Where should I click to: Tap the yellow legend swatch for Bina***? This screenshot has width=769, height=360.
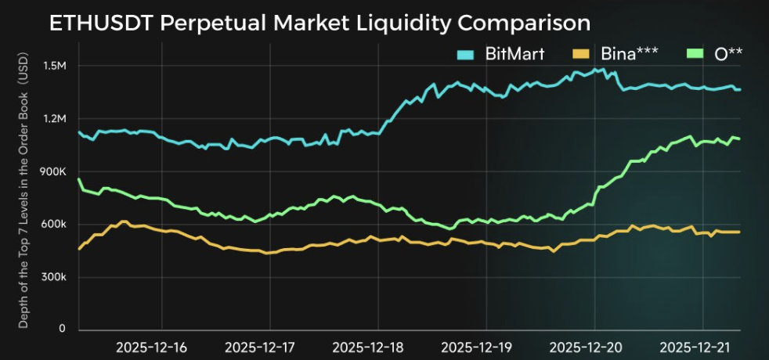click(579, 54)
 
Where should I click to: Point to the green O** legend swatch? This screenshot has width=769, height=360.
click(695, 54)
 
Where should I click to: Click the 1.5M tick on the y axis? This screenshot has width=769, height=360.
click(55, 66)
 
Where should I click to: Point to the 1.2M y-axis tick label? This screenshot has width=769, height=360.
click(55, 118)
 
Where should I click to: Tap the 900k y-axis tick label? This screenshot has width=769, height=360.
click(54, 171)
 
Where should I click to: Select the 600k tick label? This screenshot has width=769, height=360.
click(54, 225)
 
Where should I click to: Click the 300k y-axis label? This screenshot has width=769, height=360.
click(54, 277)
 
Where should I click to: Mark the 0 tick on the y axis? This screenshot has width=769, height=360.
click(62, 329)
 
